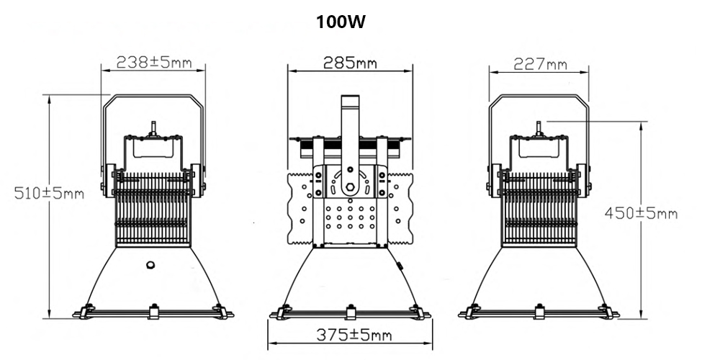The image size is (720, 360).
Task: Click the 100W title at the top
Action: coord(342,22)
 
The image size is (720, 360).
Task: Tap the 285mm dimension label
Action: coord(350,62)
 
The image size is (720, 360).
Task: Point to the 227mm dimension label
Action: coord(540,64)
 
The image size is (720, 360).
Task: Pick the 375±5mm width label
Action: coord(350,334)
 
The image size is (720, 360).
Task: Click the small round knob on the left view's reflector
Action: coord(151,264)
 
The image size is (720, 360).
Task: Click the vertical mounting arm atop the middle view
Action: coord(350,130)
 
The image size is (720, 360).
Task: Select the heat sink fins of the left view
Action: coord(153,209)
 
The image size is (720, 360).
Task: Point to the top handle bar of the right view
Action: coord(539,97)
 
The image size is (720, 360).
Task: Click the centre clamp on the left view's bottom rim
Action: coord(153,311)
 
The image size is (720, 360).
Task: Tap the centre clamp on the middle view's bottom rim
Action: coord(351,311)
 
